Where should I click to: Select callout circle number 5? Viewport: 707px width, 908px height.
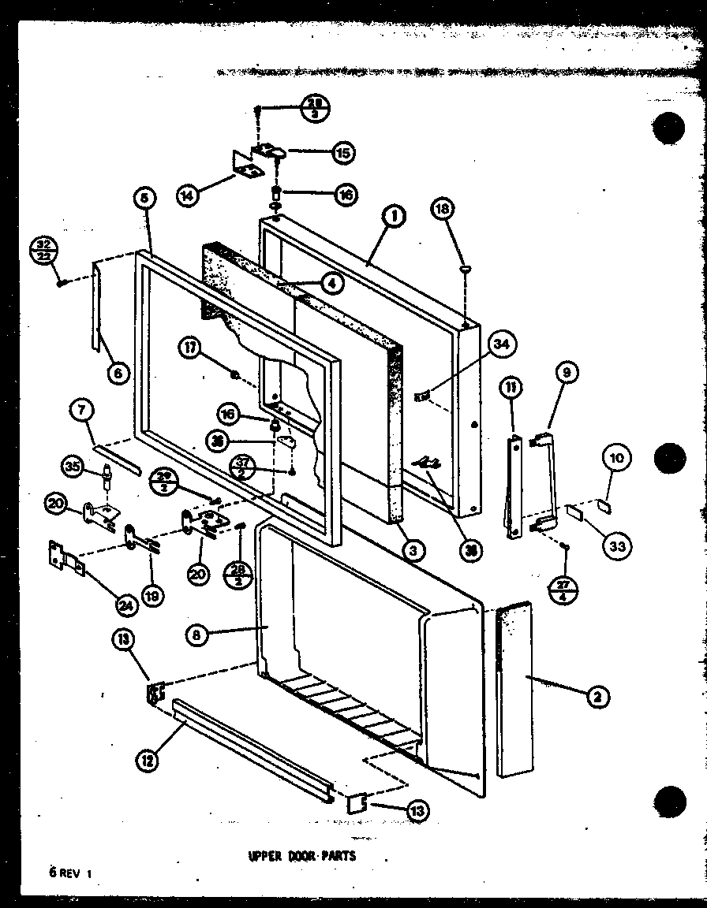(145, 199)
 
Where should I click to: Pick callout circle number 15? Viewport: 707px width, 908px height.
(343, 152)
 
